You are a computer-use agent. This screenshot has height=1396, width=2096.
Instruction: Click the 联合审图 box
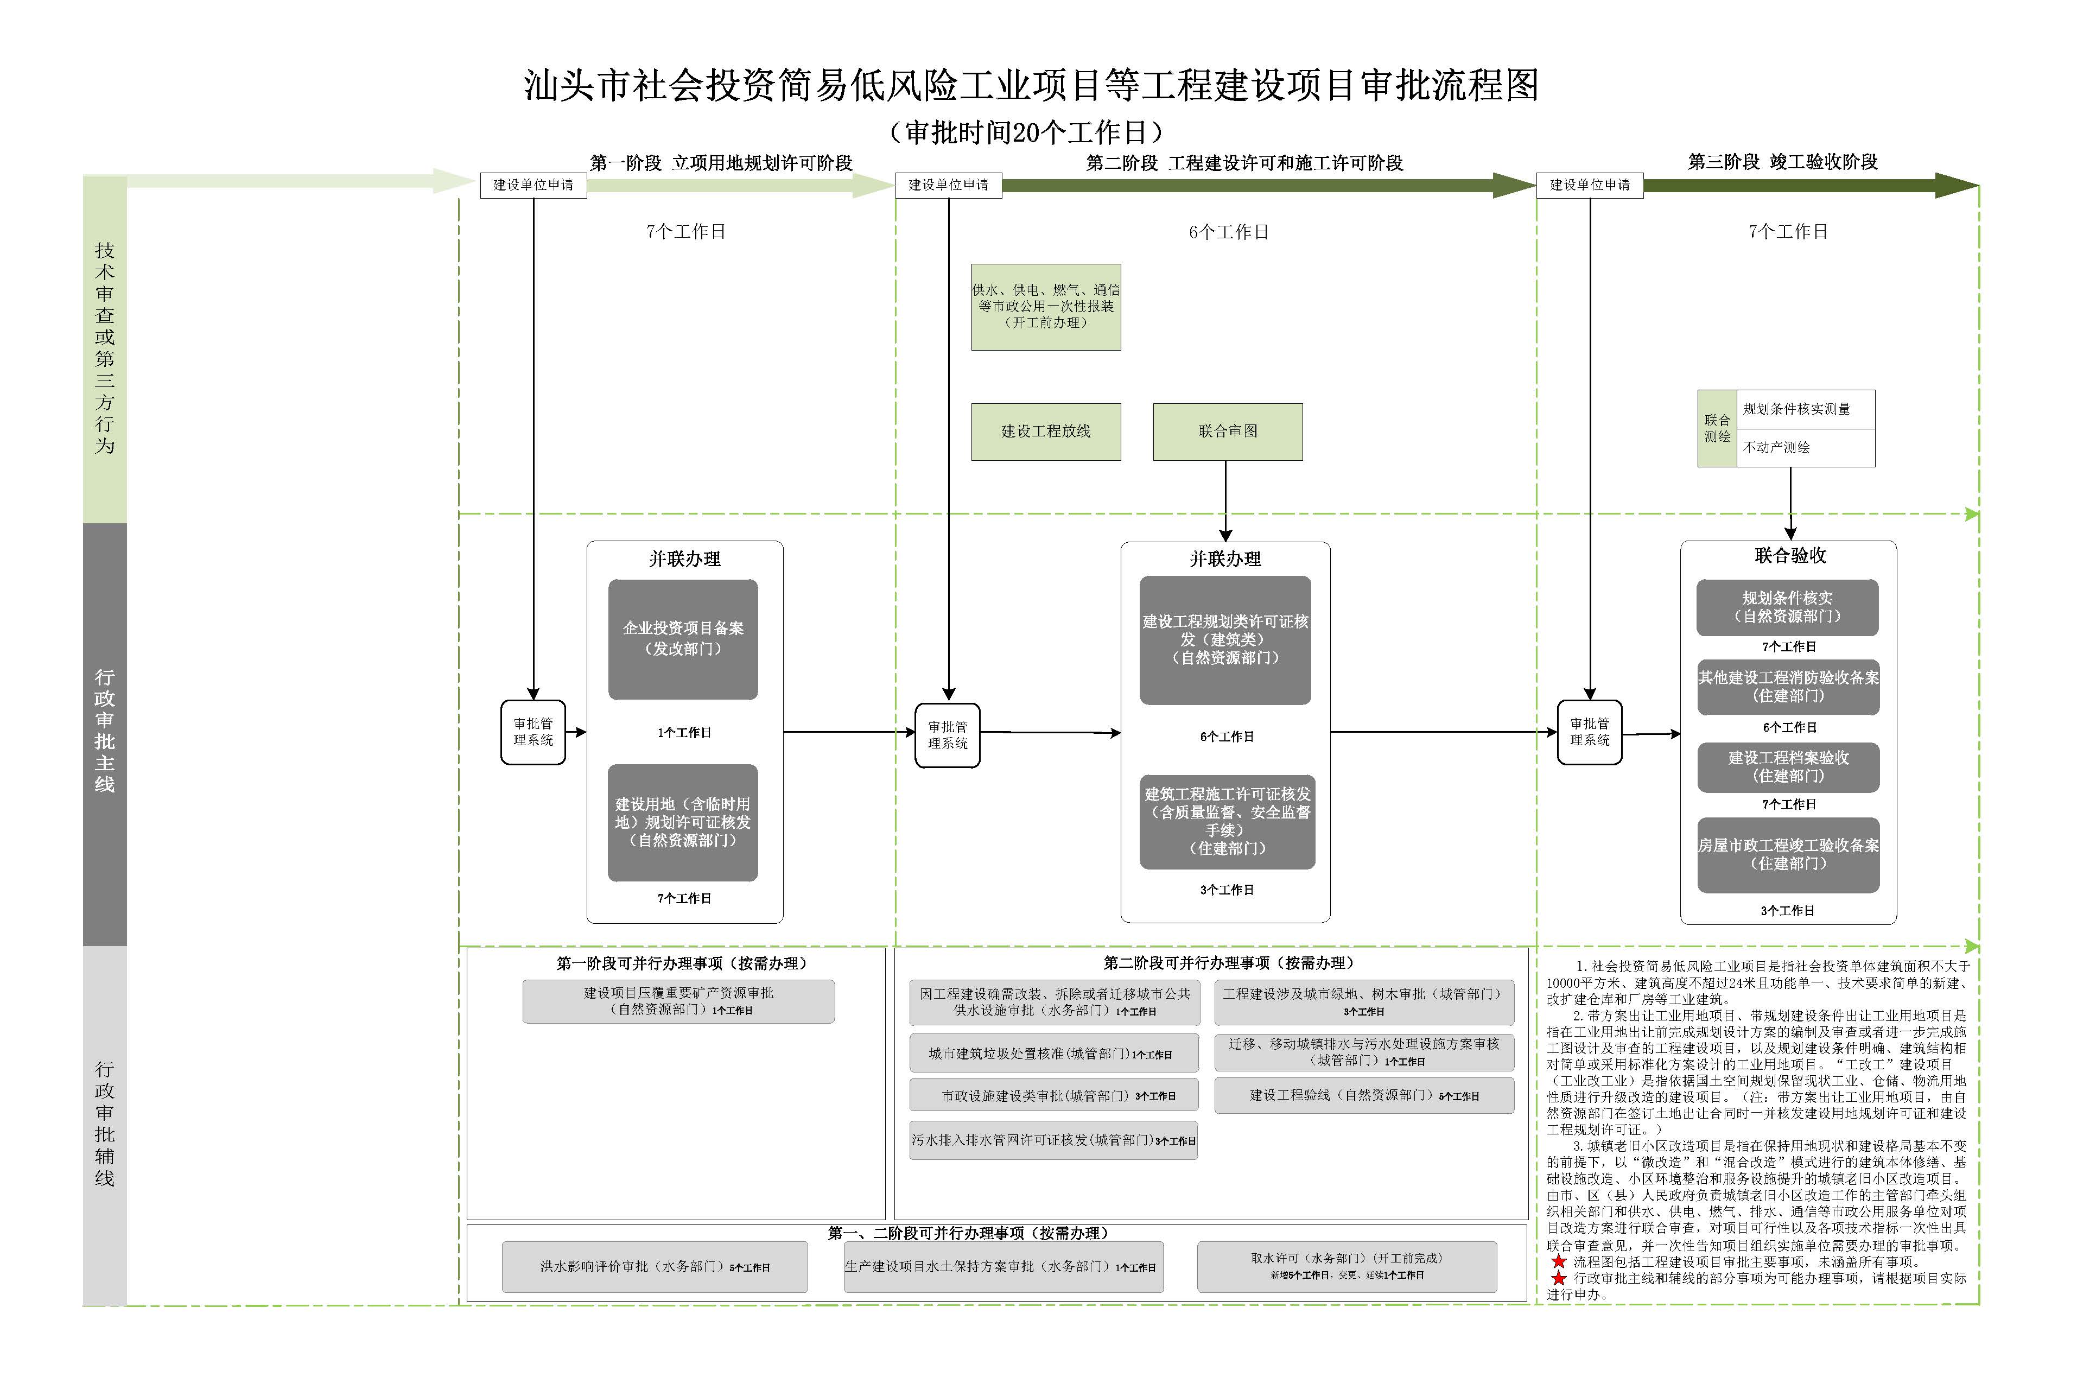tap(1227, 432)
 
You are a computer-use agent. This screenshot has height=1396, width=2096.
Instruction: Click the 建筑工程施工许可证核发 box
tap(1227, 821)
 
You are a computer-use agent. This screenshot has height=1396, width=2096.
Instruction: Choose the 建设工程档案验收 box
tap(1787, 766)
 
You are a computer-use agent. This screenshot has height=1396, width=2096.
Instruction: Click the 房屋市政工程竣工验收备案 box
tap(1787, 855)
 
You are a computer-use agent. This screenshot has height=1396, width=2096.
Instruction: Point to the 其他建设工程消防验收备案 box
tap(1787, 687)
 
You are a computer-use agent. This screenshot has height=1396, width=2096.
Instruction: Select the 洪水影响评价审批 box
tap(654, 1266)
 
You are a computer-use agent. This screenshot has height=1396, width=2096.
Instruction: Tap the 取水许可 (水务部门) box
tap(1346, 1266)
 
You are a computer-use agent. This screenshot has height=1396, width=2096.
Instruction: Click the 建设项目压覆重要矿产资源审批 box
tap(678, 1001)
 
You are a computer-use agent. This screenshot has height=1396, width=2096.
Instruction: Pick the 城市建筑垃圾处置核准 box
tap(1053, 1053)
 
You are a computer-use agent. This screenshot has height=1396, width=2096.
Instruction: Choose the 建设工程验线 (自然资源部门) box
tap(1363, 1095)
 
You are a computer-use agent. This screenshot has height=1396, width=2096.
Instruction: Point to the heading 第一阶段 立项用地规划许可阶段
tap(721, 163)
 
